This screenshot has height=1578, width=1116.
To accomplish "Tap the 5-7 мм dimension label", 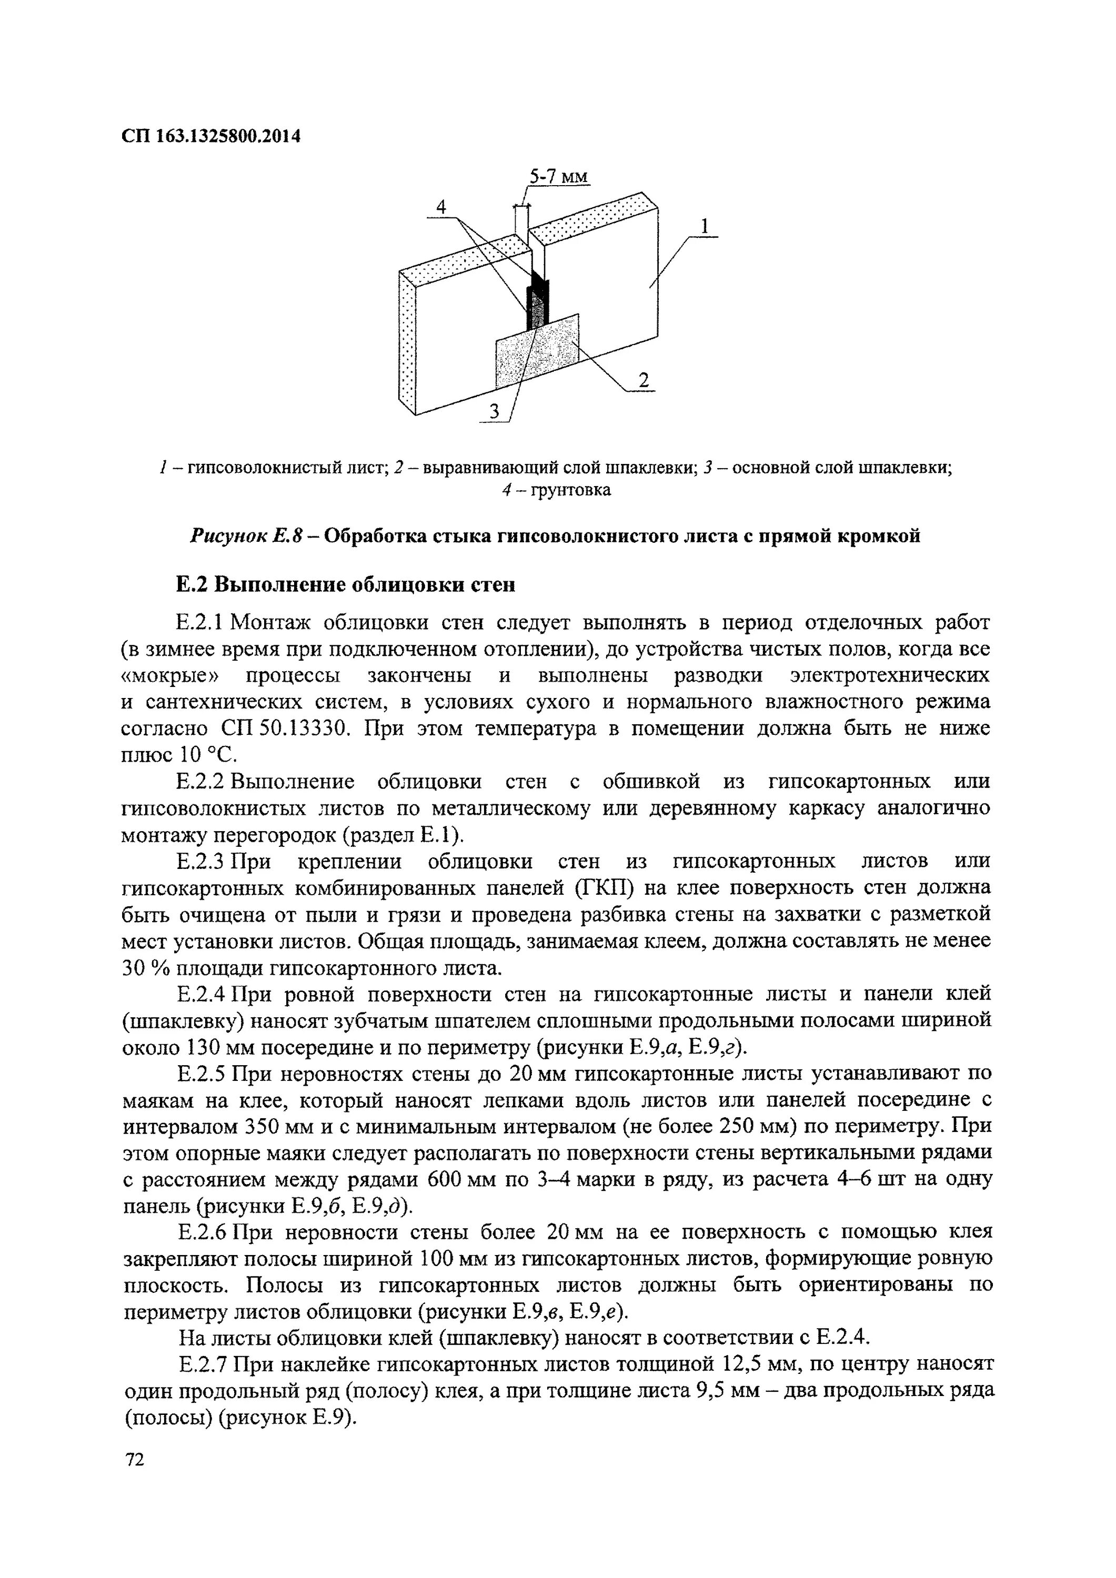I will (x=559, y=177).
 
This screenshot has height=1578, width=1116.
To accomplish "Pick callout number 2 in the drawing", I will (x=643, y=380).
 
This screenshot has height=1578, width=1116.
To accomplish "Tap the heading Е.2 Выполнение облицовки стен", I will (x=345, y=585).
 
